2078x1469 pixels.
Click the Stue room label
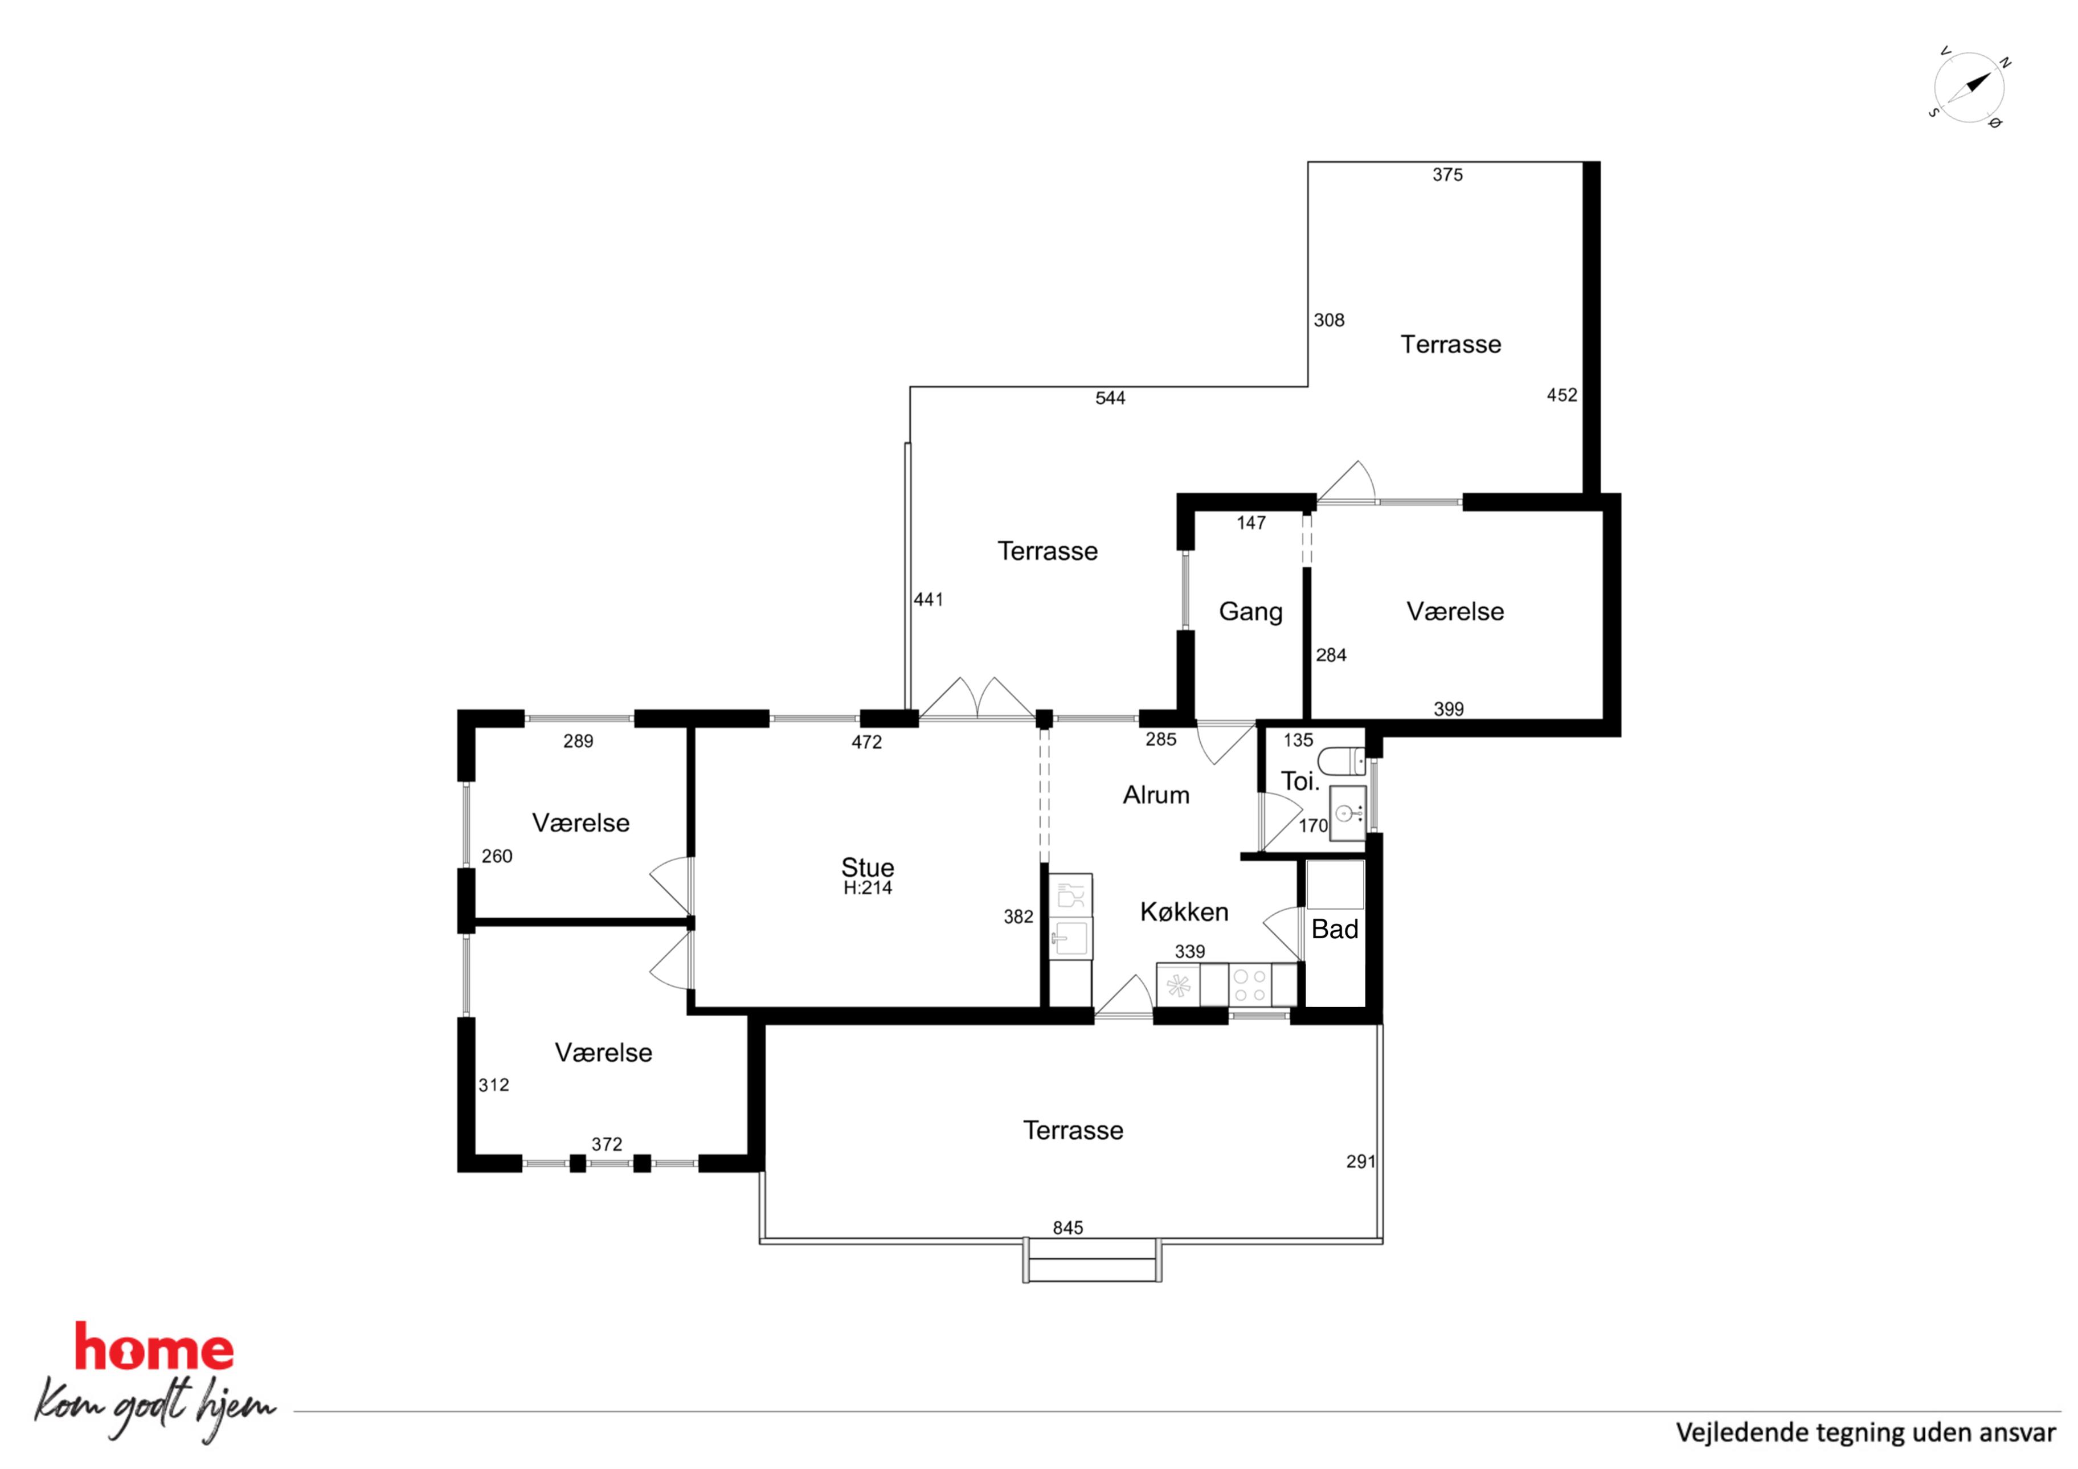click(867, 867)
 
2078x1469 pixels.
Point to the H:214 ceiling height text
click(867, 888)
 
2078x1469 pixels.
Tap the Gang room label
click(1251, 612)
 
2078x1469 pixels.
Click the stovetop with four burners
click(1250, 985)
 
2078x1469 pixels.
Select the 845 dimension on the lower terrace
click(1068, 1227)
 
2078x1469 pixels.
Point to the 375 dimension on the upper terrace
click(1447, 175)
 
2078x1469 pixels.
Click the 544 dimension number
click(1111, 398)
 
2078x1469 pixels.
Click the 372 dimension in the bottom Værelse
click(607, 1144)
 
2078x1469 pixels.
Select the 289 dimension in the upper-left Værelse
click(578, 741)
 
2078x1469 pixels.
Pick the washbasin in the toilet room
click(1348, 813)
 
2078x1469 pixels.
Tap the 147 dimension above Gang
click(1251, 523)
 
